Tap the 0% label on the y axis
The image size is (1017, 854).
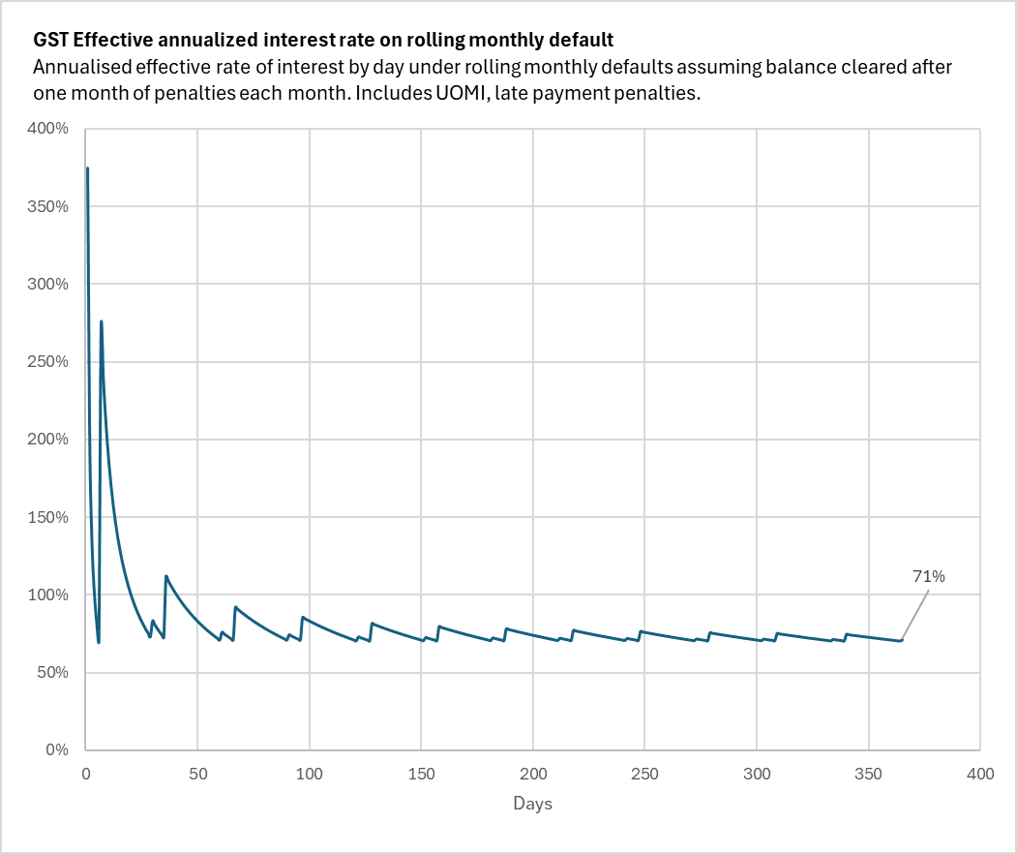pyautogui.click(x=57, y=749)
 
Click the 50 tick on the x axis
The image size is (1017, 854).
pyautogui.click(x=197, y=774)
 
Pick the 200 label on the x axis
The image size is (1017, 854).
pyautogui.click(x=533, y=774)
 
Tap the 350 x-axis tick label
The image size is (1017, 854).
pyautogui.click(x=869, y=774)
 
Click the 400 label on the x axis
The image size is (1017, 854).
pyautogui.click(x=980, y=774)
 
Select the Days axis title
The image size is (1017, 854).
pyautogui.click(x=533, y=804)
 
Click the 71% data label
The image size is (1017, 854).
pyautogui.click(x=929, y=576)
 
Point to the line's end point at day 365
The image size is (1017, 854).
pyautogui.click(x=902, y=640)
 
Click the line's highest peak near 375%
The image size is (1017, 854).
pyautogui.click(x=87, y=168)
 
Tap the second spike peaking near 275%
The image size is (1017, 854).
pyautogui.click(x=101, y=322)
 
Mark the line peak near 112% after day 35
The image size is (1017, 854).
pyautogui.click(x=165, y=576)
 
